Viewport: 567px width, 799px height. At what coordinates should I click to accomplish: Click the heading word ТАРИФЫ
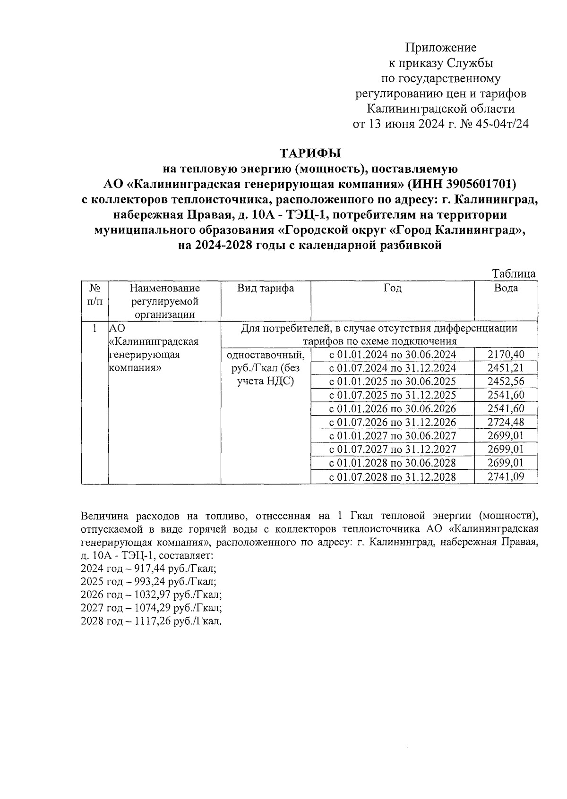pyautogui.click(x=310, y=153)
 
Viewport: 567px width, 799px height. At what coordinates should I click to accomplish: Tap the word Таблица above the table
pyautogui.click(x=514, y=274)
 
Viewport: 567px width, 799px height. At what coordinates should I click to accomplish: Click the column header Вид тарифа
pyautogui.click(x=266, y=289)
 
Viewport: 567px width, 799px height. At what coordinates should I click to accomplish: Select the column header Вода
pyautogui.click(x=506, y=289)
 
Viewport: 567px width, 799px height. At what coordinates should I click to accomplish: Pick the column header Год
pyautogui.click(x=392, y=289)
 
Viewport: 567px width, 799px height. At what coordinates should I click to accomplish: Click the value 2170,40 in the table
pyautogui.click(x=506, y=355)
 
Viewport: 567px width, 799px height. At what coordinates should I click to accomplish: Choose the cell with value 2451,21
pyautogui.click(x=506, y=368)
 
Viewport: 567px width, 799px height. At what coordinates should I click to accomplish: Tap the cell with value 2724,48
pyautogui.click(x=506, y=422)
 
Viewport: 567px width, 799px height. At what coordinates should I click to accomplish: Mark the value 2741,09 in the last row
pyautogui.click(x=506, y=477)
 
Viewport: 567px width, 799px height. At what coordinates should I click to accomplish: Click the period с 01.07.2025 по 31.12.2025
pyautogui.click(x=392, y=395)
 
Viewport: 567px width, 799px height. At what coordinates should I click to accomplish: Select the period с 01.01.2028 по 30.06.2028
pyautogui.click(x=392, y=463)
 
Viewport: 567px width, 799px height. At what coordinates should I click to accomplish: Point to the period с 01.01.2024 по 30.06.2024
pyautogui.click(x=392, y=355)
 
